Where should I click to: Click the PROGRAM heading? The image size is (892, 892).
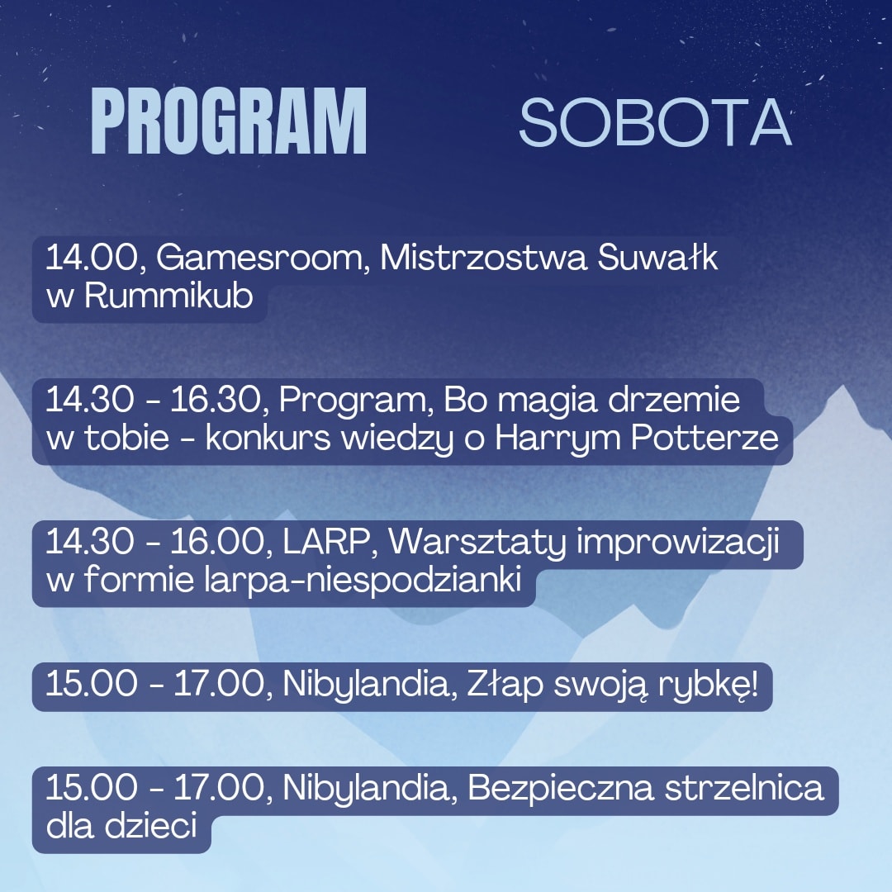[x=229, y=121]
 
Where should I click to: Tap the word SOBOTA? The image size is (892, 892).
[x=655, y=122]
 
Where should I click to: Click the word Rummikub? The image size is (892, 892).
[x=168, y=296]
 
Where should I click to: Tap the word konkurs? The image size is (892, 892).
[x=268, y=438]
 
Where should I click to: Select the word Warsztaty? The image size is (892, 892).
[x=477, y=543]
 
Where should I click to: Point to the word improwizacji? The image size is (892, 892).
[x=677, y=543]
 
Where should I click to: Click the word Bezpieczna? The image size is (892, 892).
[x=560, y=789]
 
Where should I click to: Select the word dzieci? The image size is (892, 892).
[x=151, y=825]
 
